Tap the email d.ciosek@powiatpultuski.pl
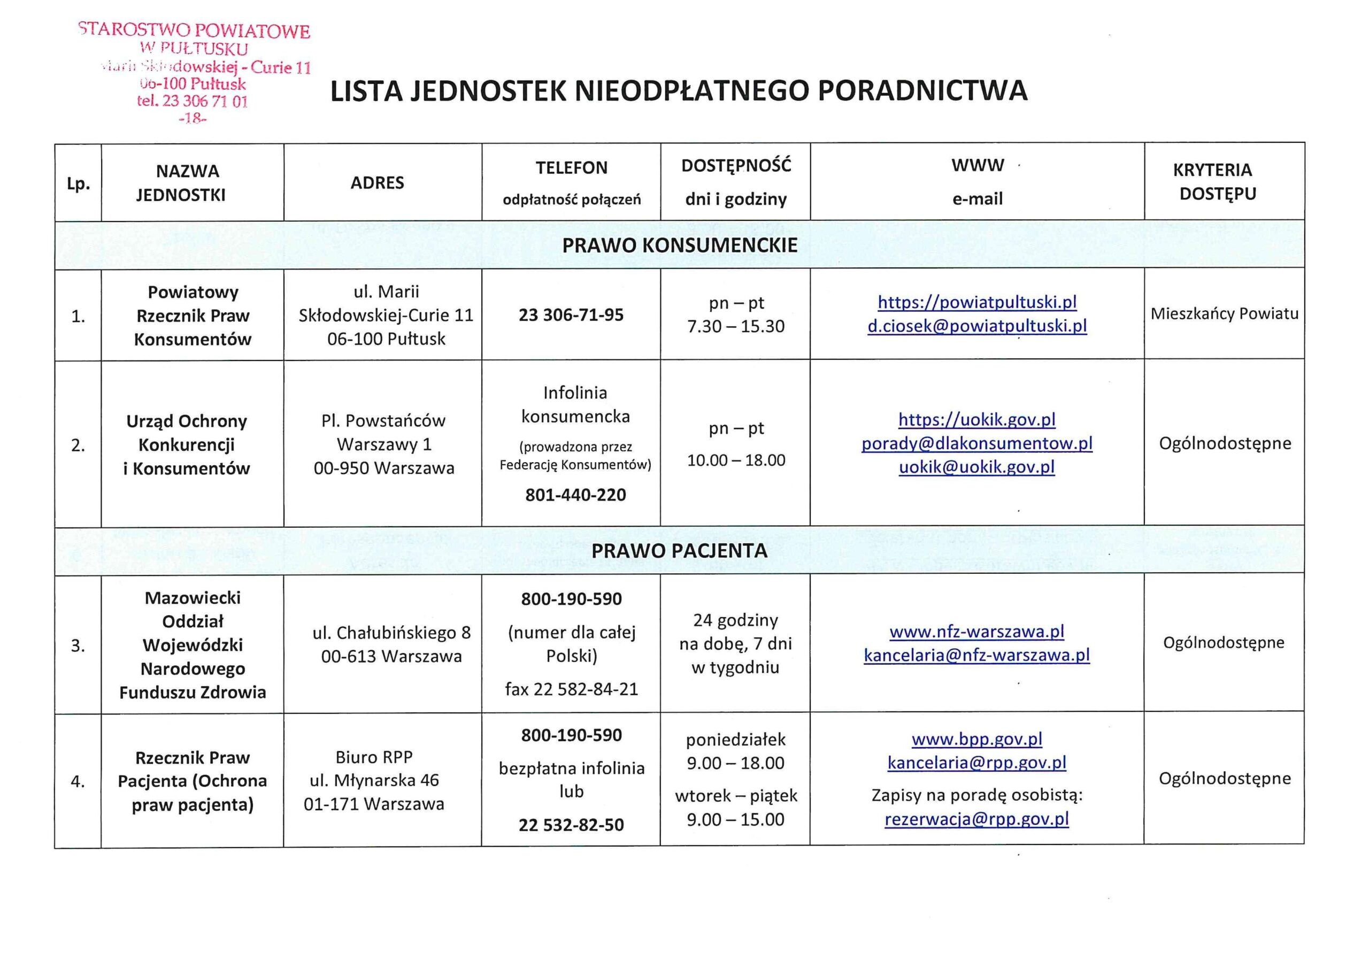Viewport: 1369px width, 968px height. [x=976, y=326]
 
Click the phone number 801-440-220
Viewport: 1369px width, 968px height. [x=575, y=495]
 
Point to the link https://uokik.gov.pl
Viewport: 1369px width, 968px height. [x=976, y=420]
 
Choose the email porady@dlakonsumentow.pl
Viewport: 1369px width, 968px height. [x=976, y=444]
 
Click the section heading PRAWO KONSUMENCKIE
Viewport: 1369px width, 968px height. [x=680, y=245]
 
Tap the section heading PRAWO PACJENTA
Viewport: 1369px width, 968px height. [x=679, y=550]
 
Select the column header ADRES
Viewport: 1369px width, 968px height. [x=377, y=182]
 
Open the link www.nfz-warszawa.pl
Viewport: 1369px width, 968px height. [x=976, y=631]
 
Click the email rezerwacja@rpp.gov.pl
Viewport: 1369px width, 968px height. [x=976, y=819]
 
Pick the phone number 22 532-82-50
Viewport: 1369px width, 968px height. [x=571, y=825]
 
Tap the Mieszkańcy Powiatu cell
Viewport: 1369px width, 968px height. [x=1224, y=314]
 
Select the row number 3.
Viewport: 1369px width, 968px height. [x=78, y=646]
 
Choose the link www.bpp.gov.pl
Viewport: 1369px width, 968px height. [x=976, y=739]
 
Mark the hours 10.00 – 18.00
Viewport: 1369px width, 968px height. [x=736, y=460]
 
